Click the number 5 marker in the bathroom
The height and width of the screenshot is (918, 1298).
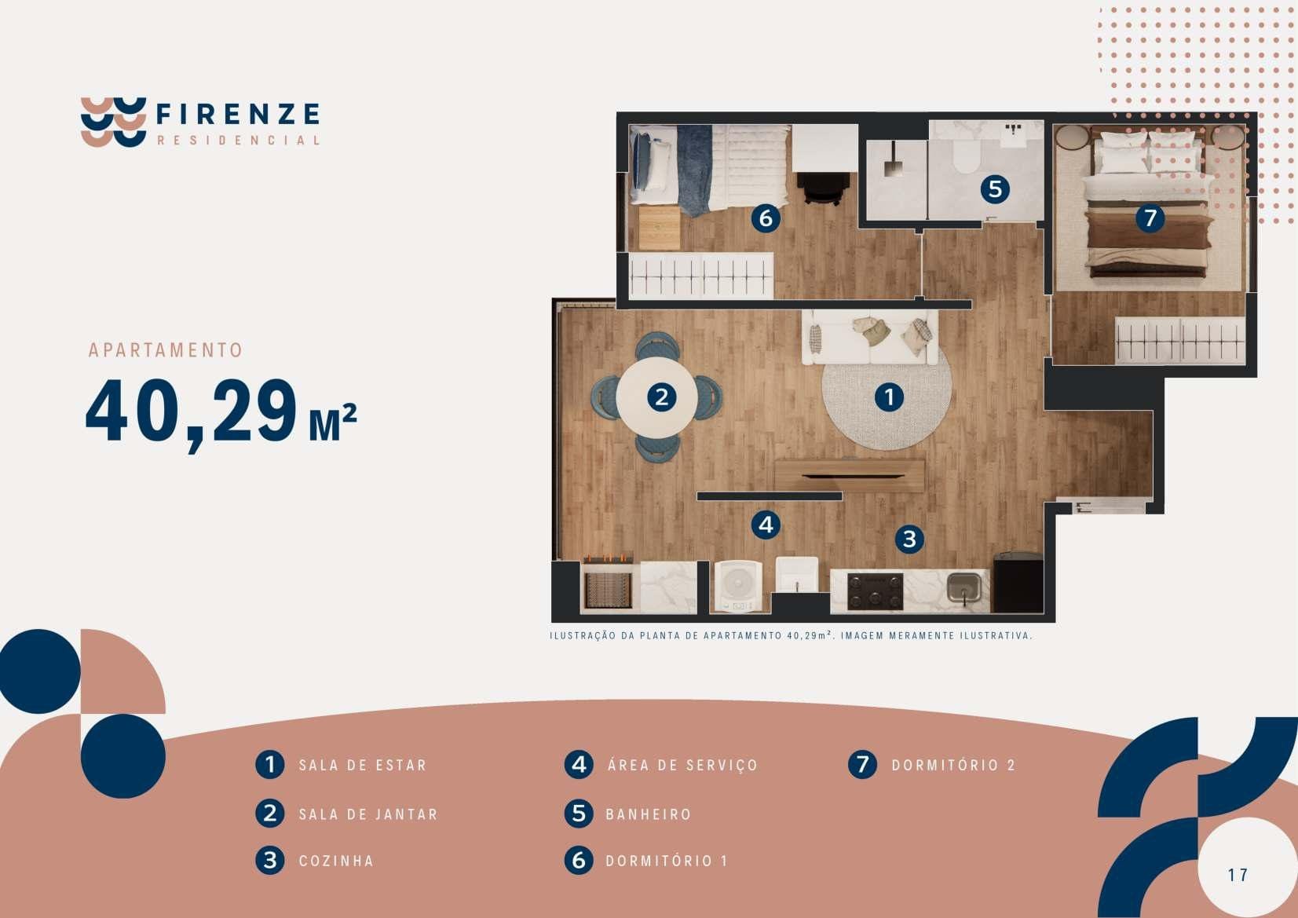pyautogui.click(x=995, y=189)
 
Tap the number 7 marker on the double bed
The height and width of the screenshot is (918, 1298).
pyautogui.click(x=1150, y=218)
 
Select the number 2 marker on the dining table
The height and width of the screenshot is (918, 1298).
pyautogui.click(x=662, y=397)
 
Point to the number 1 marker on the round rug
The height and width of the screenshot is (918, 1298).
pyautogui.click(x=890, y=397)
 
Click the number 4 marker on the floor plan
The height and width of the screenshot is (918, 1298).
pyautogui.click(x=766, y=525)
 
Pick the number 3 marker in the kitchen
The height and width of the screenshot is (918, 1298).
pyautogui.click(x=909, y=539)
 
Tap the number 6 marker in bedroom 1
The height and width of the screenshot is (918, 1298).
pyautogui.click(x=766, y=218)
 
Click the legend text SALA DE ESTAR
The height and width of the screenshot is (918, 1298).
pyautogui.click(x=362, y=765)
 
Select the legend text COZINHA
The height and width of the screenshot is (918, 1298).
pyautogui.click(x=336, y=861)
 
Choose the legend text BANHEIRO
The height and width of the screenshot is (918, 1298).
pyautogui.click(x=649, y=814)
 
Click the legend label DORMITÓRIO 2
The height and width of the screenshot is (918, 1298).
pyautogui.click(x=953, y=765)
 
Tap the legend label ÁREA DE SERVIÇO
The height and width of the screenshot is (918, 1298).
pyautogui.click(x=682, y=765)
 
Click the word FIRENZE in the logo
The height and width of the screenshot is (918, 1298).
pyautogui.click(x=238, y=114)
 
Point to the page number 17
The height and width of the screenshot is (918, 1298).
pyautogui.click(x=1238, y=875)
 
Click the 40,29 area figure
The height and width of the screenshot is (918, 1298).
pyautogui.click(x=192, y=412)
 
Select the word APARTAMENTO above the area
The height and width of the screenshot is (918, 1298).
pyautogui.click(x=165, y=350)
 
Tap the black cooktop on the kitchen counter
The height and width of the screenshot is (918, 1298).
pyautogui.click(x=875, y=592)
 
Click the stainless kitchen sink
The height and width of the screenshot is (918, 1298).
pyautogui.click(x=963, y=588)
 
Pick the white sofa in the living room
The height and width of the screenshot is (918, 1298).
pyautogui.click(x=870, y=337)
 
